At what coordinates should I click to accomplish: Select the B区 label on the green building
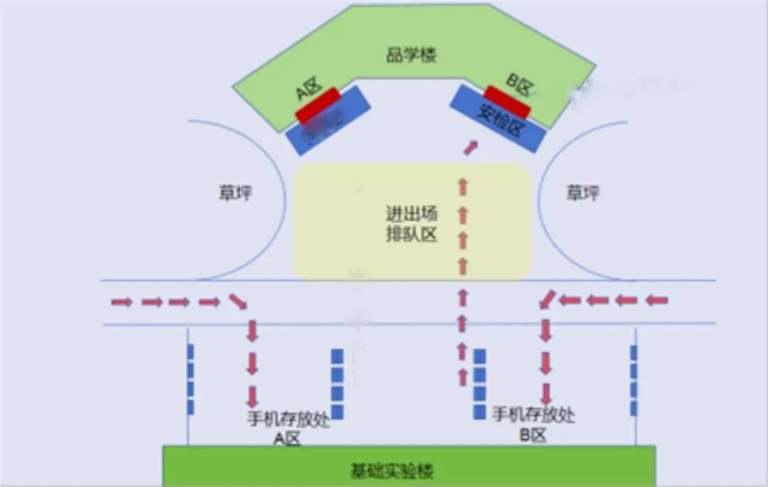[x=518, y=85]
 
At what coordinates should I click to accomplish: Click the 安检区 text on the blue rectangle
[x=499, y=117]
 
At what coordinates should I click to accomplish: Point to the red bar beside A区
[x=319, y=105]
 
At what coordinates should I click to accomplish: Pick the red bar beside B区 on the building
[x=507, y=102]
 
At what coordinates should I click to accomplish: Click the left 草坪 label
[x=235, y=193]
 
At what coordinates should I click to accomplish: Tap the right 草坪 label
[x=582, y=193]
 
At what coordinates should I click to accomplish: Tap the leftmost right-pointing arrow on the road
[x=122, y=302]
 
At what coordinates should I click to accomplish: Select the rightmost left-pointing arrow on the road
[x=657, y=301]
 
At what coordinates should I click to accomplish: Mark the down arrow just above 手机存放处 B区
[x=546, y=393]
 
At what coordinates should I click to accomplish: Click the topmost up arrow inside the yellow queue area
[x=463, y=187]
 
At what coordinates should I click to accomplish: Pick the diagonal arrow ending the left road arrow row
[x=238, y=301]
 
